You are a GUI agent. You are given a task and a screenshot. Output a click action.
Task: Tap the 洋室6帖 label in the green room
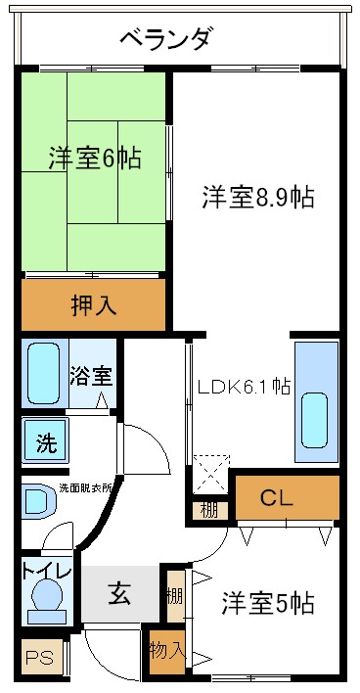(x=93, y=157)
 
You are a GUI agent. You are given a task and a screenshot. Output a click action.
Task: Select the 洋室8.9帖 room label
(x=257, y=196)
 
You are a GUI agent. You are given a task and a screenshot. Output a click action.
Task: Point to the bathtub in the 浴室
(x=42, y=373)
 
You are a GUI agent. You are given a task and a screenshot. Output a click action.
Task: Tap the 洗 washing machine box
(x=46, y=441)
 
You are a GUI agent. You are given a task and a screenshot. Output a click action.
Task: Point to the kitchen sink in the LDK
(x=315, y=416)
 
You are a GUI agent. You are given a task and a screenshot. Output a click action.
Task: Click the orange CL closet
(x=276, y=497)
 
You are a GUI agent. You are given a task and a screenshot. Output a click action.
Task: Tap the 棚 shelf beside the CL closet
(x=209, y=509)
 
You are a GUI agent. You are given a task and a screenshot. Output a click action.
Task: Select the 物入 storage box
(x=165, y=650)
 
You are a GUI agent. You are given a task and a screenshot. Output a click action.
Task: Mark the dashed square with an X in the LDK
(x=210, y=472)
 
